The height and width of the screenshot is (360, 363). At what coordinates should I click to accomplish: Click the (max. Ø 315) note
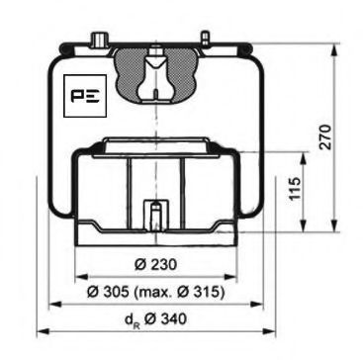188,293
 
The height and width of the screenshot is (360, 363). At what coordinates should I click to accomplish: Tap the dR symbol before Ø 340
132,320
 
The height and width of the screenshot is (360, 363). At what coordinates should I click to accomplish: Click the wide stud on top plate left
100,39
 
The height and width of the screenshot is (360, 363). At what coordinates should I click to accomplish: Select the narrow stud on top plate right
205,39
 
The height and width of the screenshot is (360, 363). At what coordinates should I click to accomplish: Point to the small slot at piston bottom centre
152,214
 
